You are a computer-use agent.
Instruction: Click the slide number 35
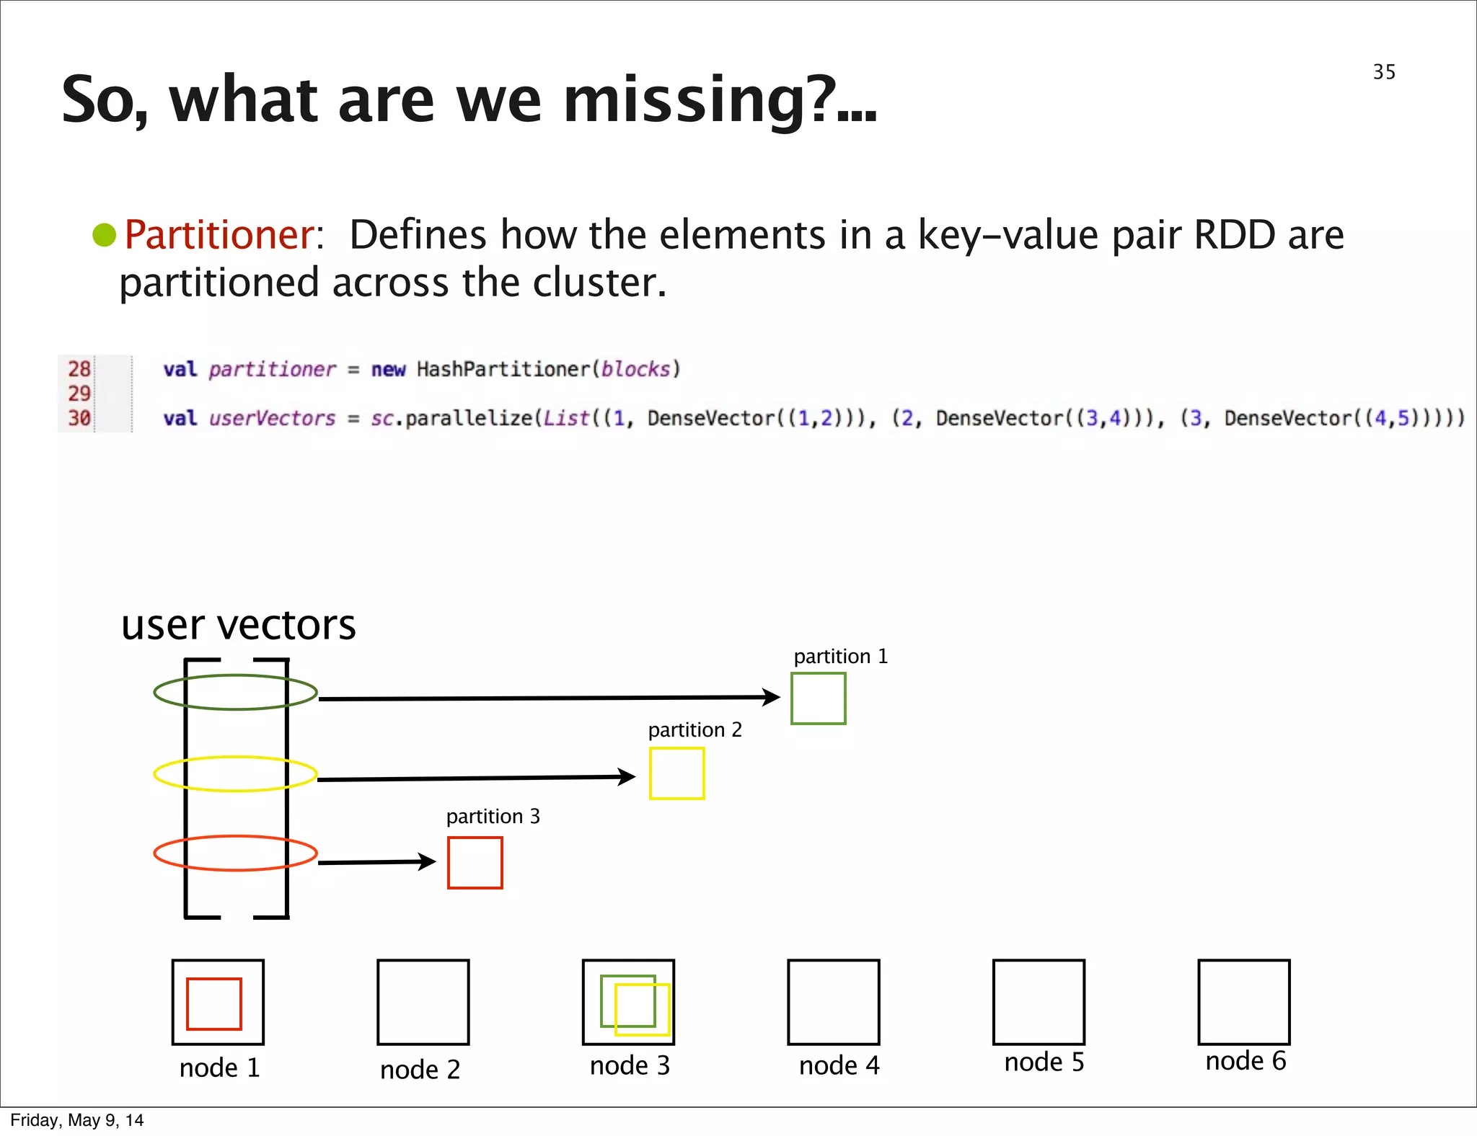(x=1383, y=72)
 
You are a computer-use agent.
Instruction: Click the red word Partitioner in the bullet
(x=219, y=235)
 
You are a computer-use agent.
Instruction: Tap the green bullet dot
(x=105, y=235)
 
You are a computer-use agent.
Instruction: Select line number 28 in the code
(x=79, y=369)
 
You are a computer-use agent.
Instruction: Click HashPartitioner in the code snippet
(x=503, y=369)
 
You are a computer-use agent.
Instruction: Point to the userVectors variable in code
(x=272, y=418)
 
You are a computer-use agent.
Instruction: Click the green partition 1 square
(x=818, y=698)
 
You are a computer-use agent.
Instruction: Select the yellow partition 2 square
(x=676, y=773)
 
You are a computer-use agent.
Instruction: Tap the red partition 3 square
(x=475, y=863)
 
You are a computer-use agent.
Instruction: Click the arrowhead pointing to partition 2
(x=626, y=777)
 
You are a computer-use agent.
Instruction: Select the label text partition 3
(x=493, y=817)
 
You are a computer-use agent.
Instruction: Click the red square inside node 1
(x=213, y=1003)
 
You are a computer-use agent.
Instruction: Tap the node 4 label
(x=839, y=1065)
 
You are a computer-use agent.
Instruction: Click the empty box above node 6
(x=1243, y=1002)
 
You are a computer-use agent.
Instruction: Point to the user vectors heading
(x=238, y=624)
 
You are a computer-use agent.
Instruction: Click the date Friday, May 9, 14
(x=76, y=1120)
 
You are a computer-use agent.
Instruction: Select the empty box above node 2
(x=423, y=1002)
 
